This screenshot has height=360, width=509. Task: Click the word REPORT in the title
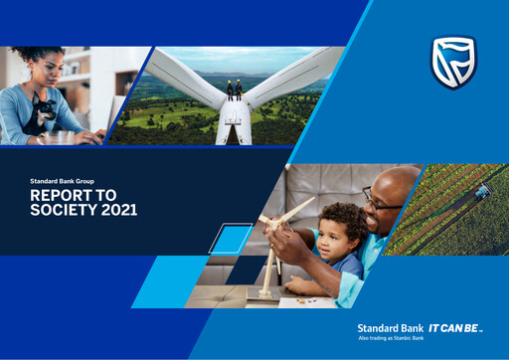pyautogui.click(x=57, y=197)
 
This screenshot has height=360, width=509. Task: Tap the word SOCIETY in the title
pyautogui.click(x=58, y=211)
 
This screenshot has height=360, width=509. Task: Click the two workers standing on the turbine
pyautogui.click(x=235, y=90)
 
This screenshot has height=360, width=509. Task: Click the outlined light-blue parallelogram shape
pyautogui.click(x=232, y=240)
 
